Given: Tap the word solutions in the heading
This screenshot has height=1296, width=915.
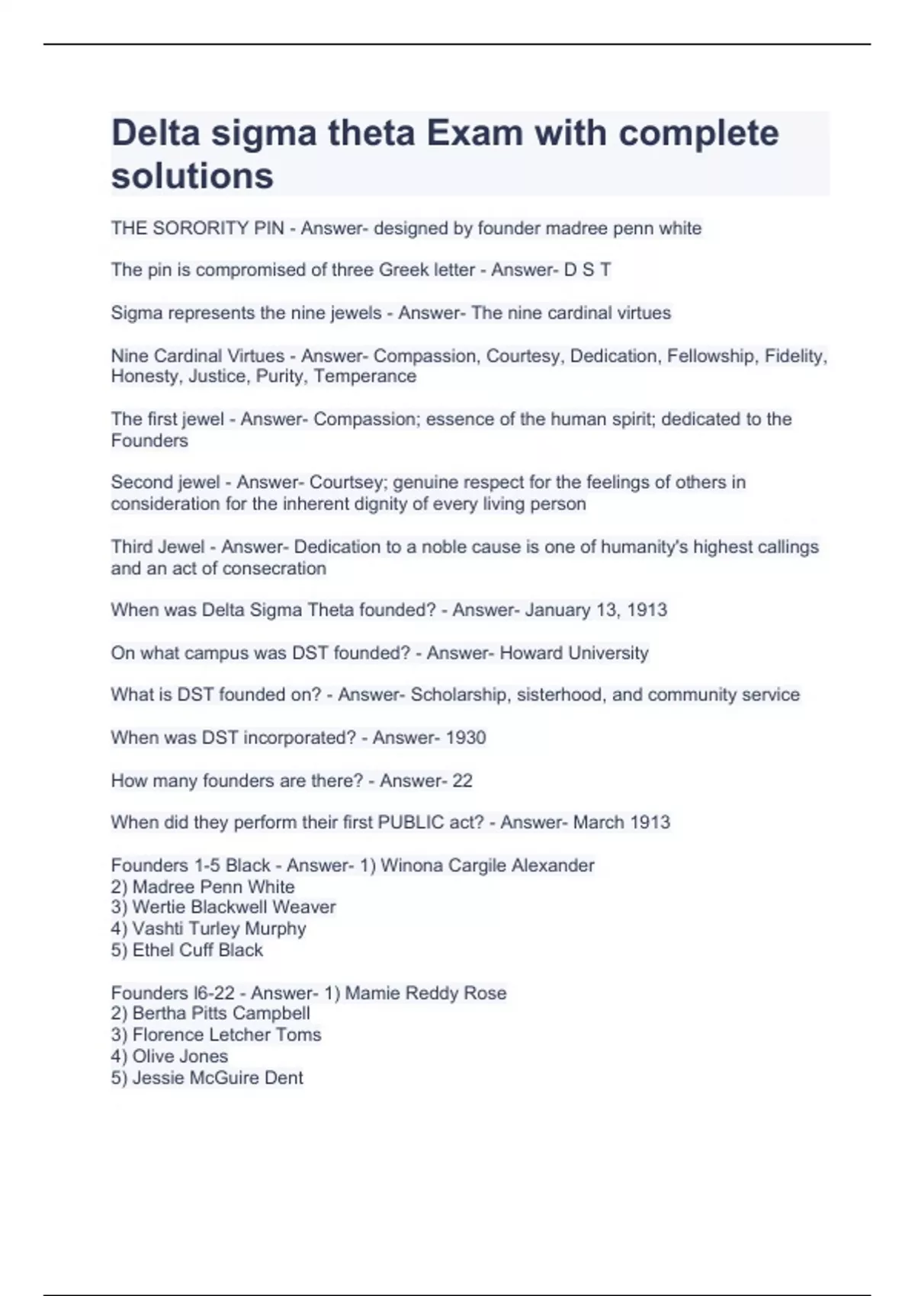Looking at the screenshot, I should coord(192,176).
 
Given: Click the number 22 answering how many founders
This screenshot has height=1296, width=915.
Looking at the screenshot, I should coord(462,781).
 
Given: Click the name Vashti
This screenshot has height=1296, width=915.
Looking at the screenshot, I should coord(156,929).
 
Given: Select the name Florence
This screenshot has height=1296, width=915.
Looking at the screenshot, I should coord(165,1035).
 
